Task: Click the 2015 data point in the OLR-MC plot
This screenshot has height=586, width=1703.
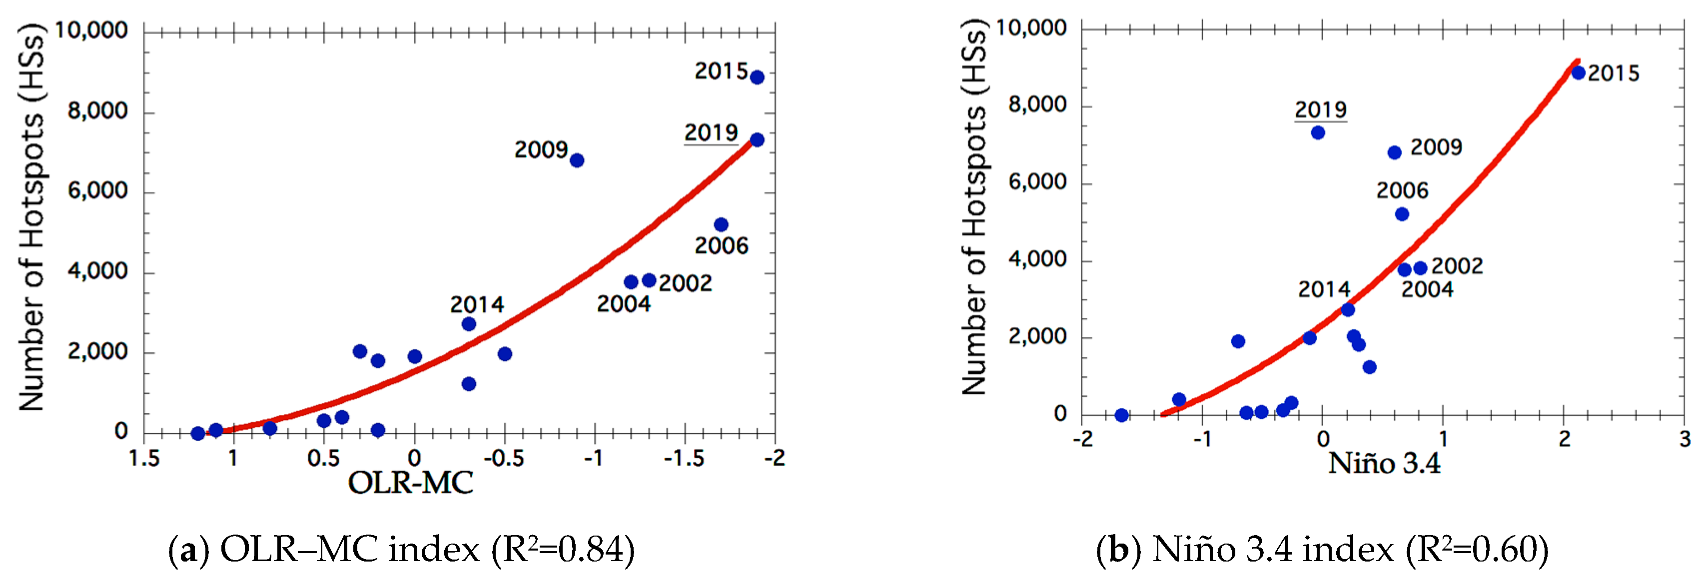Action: coord(757,77)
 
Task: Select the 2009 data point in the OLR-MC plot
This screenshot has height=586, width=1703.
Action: coord(577,161)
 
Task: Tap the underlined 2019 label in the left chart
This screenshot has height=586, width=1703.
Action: coord(711,133)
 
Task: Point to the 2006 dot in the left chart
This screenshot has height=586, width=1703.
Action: coord(721,225)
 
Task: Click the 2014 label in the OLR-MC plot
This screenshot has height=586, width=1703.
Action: coord(477,304)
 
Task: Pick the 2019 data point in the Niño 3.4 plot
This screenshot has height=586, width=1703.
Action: coord(1318,133)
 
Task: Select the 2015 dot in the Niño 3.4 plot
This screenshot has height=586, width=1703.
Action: coord(1578,73)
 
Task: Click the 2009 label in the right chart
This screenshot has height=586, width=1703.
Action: coord(1436,147)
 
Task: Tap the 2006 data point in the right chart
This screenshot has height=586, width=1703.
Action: coord(1402,214)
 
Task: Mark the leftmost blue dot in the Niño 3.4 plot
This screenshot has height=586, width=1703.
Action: coord(1121,415)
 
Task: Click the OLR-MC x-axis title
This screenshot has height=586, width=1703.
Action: coord(411,483)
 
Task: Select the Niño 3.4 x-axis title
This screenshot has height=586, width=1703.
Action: coord(1384,463)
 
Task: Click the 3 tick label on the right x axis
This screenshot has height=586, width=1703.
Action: coord(1685,439)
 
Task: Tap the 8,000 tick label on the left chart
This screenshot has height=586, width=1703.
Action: coord(97,111)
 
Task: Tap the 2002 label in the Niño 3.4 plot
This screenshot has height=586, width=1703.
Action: coord(1457,266)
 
